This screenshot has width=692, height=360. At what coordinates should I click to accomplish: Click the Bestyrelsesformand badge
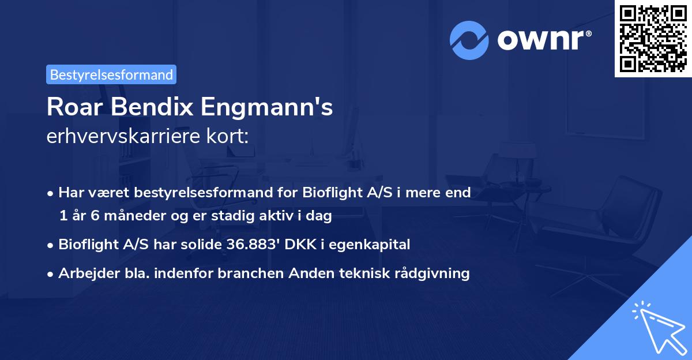(x=111, y=74)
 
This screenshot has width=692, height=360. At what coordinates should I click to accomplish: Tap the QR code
(x=653, y=38)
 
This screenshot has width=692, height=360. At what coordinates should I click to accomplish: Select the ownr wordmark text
(x=541, y=39)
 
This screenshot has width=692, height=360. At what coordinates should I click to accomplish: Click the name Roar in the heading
(x=70, y=108)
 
